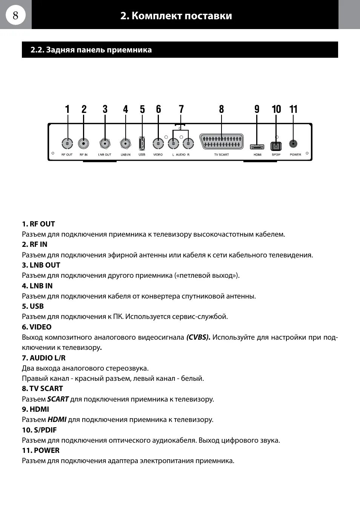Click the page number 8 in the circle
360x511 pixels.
point(15,15)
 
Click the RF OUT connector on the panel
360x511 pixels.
point(67,143)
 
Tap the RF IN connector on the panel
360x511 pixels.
point(83,143)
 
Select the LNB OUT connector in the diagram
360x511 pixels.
point(105,143)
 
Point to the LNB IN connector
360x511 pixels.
point(125,143)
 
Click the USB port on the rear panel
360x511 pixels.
point(142,143)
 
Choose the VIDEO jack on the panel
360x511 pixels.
point(158,143)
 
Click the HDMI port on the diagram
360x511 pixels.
point(257,146)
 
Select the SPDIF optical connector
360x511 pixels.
point(276,146)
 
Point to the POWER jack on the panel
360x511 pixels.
point(293,144)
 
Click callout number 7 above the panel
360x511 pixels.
point(182,109)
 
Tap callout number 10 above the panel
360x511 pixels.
point(276,109)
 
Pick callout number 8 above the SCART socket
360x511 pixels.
point(222,109)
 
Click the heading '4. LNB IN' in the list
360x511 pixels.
point(37,286)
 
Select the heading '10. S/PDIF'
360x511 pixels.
point(39,430)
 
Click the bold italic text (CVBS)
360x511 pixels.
point(198,337)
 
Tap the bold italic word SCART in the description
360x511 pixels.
point(58,399)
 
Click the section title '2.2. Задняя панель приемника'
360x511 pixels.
point(91,50)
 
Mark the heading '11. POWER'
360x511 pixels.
point(41,450)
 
